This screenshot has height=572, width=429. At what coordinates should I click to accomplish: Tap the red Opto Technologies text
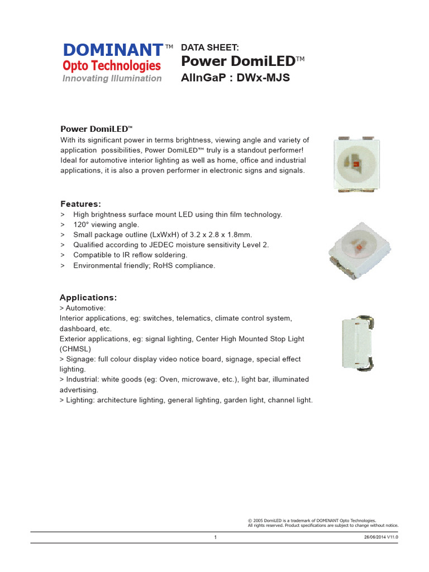click(x=111, y=65)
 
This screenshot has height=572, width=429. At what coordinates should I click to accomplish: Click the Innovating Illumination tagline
click(x=112, y=78)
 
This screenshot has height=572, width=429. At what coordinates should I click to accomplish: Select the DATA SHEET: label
click(x=210, y=48)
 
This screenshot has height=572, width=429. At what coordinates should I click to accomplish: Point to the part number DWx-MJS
click(x=263, y=78)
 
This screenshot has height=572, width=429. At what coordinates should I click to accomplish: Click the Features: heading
click(x=80, y=204)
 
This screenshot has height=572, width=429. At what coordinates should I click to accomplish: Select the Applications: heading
click(x=88, y=297)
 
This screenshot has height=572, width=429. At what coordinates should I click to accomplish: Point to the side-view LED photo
click(x=355, y=344)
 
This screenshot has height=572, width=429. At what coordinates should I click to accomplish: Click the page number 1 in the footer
click(x=215, y=538)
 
